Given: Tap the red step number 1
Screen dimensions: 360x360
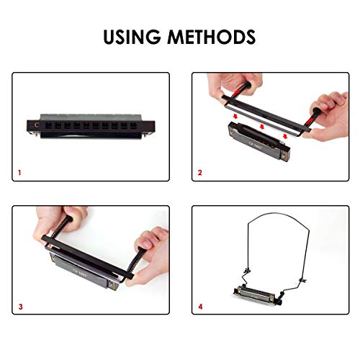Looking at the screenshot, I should click(20, 173).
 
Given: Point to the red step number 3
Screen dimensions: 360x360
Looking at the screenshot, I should click(20, 306).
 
